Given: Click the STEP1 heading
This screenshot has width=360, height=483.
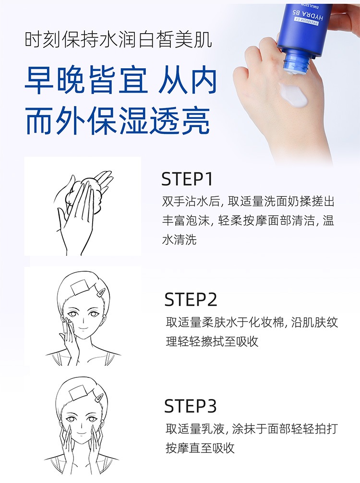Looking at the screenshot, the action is pyautogui.click(x=187, y=179).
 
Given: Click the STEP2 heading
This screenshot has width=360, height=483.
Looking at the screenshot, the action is pyautogui.click(x=191, y=300).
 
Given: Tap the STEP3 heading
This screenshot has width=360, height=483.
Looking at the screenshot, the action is pyautogui.click(x=190, y=406).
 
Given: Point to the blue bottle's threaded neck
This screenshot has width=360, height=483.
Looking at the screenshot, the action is pyautogui.click(x=296, y=63).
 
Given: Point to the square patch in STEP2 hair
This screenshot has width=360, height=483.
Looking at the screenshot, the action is pyautogui.click(x=80, y=287).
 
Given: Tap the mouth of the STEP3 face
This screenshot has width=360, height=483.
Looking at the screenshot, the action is pyautogui.click(x=81, y=434).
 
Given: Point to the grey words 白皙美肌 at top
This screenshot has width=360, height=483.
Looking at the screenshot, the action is pyautogui.click(x=175, y=40).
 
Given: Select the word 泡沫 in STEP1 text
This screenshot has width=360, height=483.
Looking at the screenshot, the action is pyautogui.click(x=198, y=220).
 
